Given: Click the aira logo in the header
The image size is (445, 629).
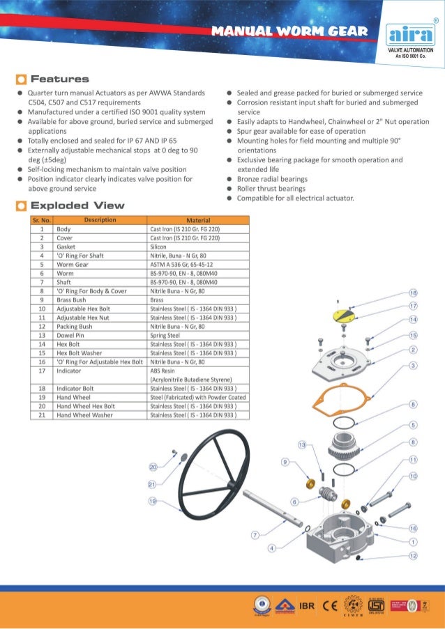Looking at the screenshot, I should pos(410,36).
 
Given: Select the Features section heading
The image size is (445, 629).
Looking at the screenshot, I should pos(59,79).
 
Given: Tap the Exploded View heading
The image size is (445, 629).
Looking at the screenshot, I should pos(77,205).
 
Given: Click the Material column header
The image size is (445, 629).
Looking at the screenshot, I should pos(199,220).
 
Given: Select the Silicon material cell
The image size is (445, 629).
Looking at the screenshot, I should pos(158,246).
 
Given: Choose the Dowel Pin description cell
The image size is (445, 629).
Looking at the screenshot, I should pos(71,335).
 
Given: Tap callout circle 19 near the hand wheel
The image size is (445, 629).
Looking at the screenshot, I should pos(151,501).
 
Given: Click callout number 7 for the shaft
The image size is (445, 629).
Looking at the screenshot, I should pos(255,535).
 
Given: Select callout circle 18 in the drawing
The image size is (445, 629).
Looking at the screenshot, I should pos(413,293).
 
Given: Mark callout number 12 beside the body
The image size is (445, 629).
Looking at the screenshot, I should pos(414,555).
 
